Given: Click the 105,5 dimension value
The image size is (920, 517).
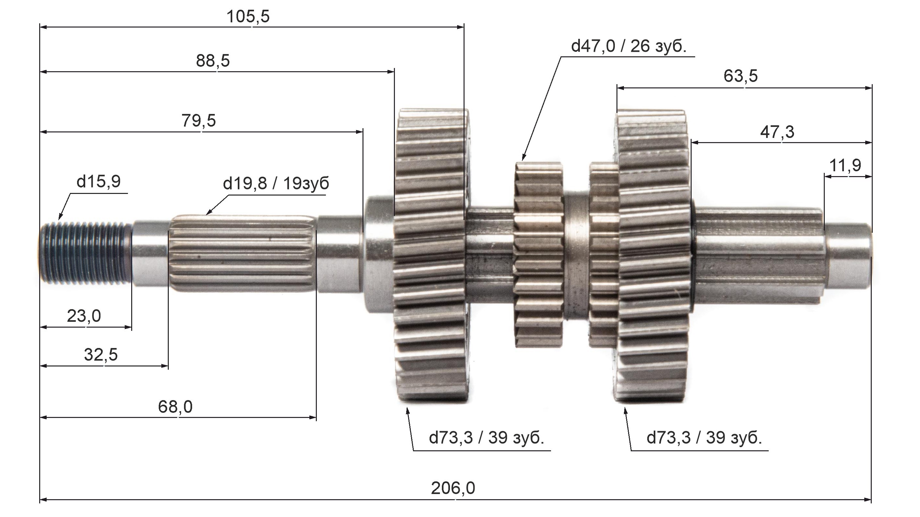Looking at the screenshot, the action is [248, 17].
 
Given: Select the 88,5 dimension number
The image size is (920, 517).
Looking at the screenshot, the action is [213, 61].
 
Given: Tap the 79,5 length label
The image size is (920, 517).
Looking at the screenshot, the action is [199, 121].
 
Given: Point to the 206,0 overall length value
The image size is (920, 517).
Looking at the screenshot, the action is [453, 488].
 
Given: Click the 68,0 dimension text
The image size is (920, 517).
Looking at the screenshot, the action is [175, 407].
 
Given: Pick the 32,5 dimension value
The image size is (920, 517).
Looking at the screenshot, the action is [101, 355].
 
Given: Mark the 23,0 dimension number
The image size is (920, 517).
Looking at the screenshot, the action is [84, 316].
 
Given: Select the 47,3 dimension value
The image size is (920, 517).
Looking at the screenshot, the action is [777, 132].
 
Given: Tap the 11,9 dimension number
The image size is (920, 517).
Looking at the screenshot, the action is [845, 165].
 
